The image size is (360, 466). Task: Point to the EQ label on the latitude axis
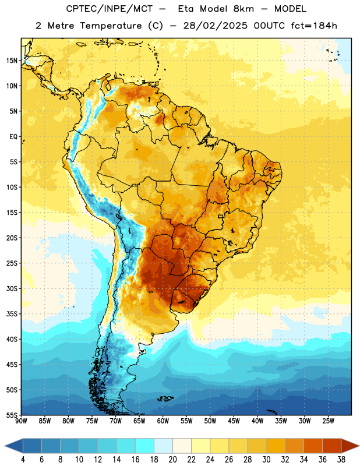coord(13,137)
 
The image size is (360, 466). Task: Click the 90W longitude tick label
coord(21,421)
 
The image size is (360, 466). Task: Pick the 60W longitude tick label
coord(163,421)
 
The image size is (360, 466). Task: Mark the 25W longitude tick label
coord(328,421)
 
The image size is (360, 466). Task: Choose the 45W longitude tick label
coord(234,421)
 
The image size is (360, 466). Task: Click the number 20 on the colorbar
coord(172,460)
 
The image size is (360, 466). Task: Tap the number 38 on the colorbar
coord(341,460)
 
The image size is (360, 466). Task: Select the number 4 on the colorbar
coord(23,460)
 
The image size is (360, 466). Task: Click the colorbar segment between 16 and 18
coord(145,446)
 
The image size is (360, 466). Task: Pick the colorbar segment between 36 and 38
coord(332,446)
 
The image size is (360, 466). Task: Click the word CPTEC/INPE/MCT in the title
coord(110,9)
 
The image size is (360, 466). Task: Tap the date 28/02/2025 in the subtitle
coord(215,26)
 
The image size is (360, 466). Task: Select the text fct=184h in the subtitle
coord(314,26)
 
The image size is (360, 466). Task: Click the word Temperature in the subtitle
coord(111,26)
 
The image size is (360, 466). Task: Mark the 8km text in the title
coord(243,9)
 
